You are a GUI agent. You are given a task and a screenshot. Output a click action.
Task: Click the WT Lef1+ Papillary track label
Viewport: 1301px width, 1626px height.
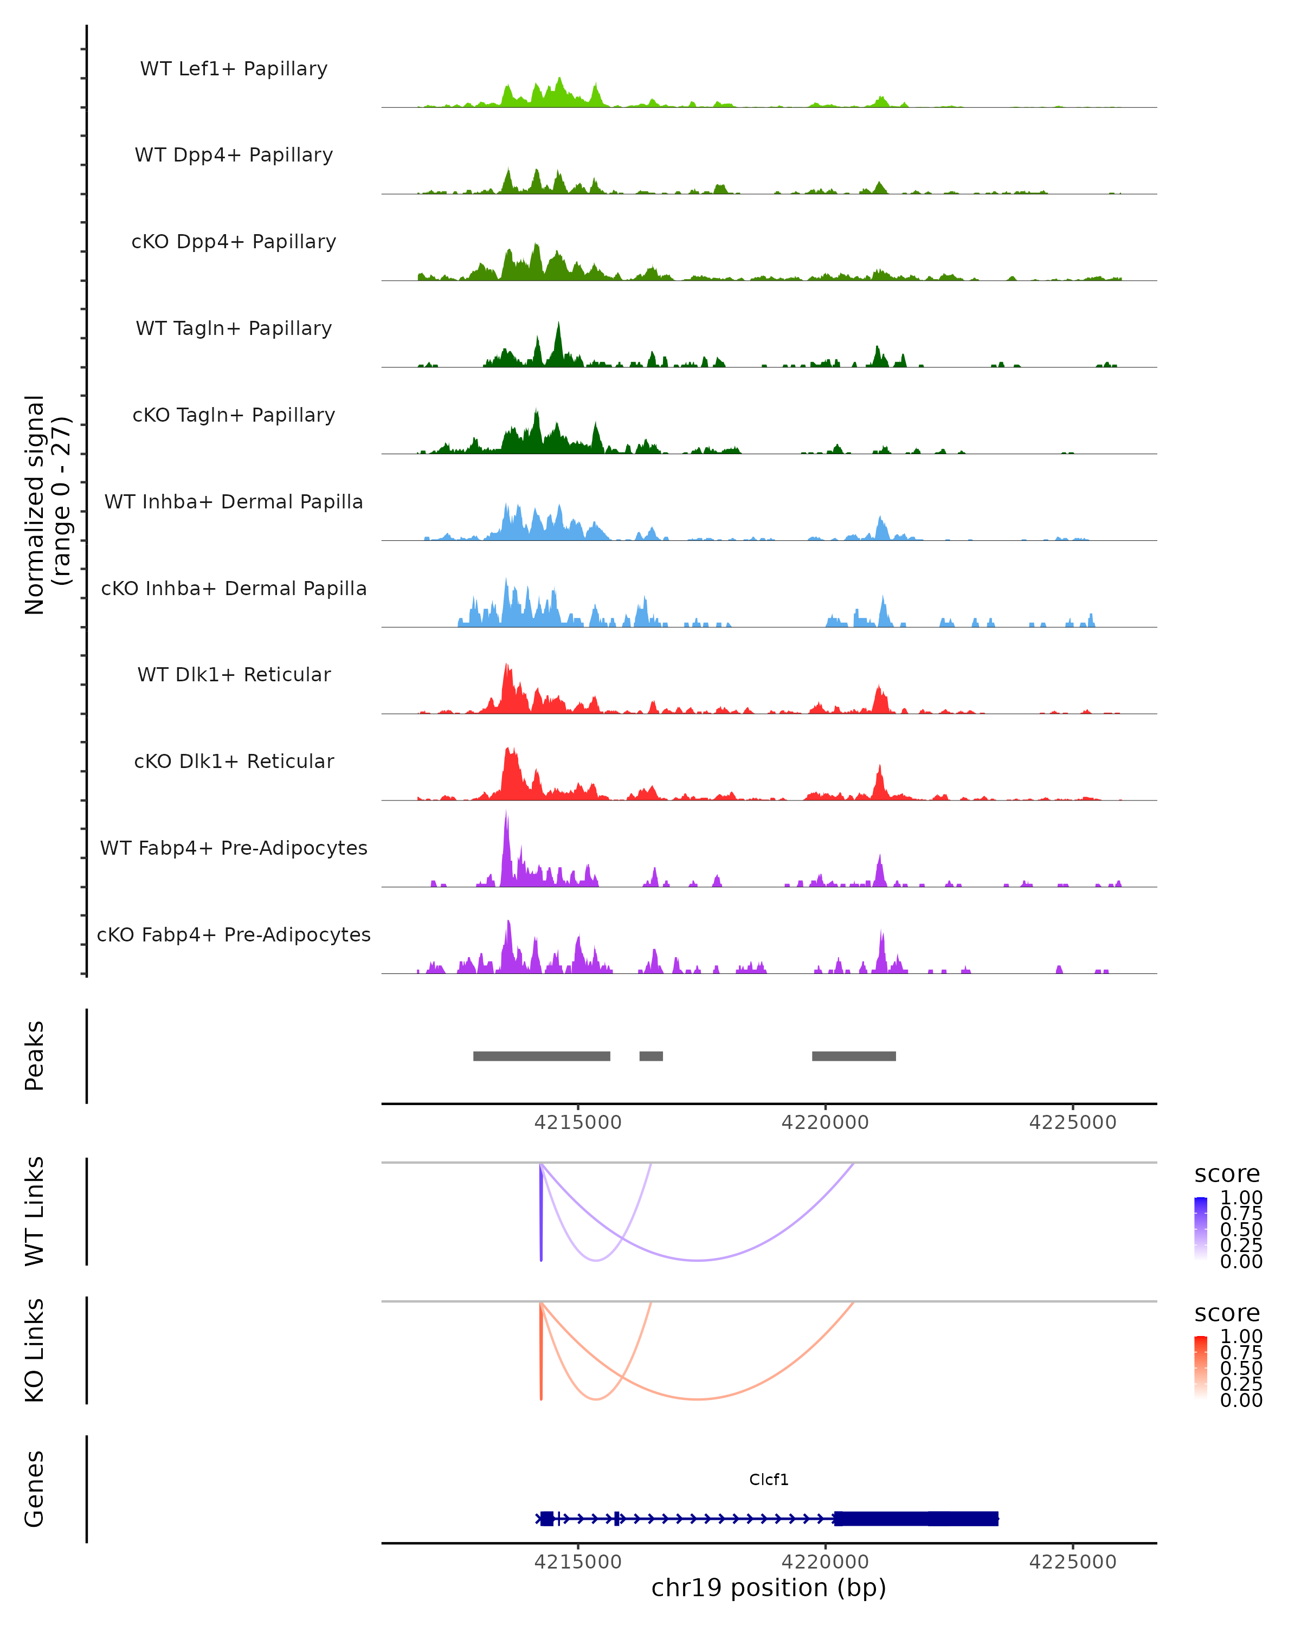[x=234, y=69]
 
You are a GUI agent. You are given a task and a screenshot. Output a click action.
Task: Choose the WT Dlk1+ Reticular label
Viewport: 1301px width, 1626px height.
[x=234, y=674]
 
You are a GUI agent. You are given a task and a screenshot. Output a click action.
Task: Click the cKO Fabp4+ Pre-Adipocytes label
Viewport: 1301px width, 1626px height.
[x=234, y=934]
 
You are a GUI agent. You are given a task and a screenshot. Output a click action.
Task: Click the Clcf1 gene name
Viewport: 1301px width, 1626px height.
[x=769, y=1480]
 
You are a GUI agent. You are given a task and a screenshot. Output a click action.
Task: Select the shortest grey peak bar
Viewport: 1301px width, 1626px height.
[x=651, y=1056]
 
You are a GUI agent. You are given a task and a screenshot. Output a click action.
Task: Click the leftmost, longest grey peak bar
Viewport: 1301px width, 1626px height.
[x=542, y=1056]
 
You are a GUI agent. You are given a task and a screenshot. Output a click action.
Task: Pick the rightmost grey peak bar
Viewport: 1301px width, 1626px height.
[x=854, y=1056]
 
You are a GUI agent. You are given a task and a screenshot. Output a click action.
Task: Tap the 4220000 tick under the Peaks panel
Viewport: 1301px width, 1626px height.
[x=825, y=1122]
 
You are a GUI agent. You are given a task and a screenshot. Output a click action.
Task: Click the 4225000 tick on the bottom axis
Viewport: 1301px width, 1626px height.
[x=1072, y=1562]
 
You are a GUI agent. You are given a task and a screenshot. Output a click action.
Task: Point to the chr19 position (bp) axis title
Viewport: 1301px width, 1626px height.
[x=769, y=1588]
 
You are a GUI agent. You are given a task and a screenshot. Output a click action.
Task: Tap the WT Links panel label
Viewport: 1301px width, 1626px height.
[x=35, y=1211]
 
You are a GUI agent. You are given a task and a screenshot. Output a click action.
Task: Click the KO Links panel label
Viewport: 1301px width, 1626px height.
[x=35, y=1350]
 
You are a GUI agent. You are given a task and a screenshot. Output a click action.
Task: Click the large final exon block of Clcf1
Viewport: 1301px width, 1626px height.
[x=916, y=1518]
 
